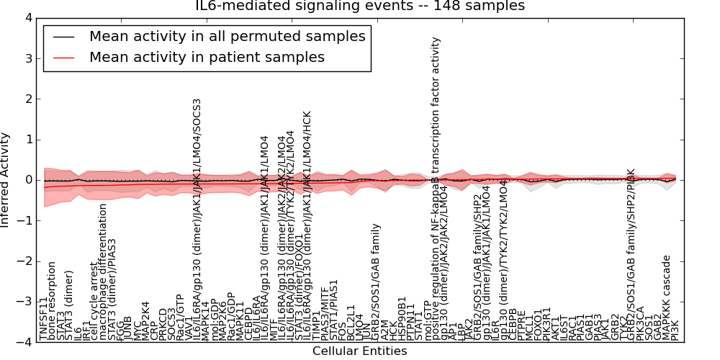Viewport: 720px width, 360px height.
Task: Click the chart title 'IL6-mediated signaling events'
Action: [x=360, y=6]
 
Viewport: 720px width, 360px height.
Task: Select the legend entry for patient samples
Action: [x=207, y=57]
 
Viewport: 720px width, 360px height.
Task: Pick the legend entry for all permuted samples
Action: [x=227, y=36]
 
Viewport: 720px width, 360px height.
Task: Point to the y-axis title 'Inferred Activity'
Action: [x=6, y=179]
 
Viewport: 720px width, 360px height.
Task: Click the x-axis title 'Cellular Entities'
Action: [x=359, y=351]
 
